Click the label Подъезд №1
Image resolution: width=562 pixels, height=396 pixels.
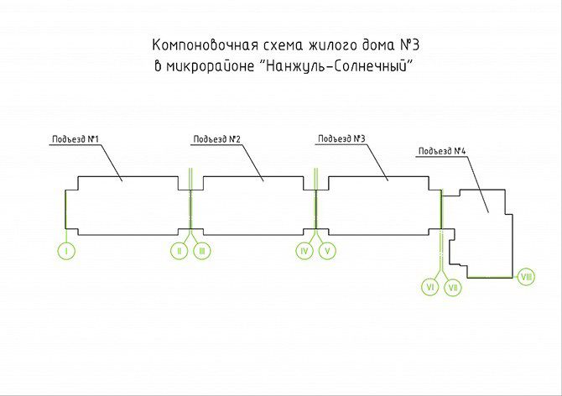(x=75, y=139)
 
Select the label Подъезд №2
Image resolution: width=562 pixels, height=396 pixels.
(x=217, y=139)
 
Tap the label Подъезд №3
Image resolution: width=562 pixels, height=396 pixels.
(x=341, y=138)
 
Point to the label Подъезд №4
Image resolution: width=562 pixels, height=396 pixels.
(x=442, y=151)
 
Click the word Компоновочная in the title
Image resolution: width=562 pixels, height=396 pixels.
(x=206, y=45)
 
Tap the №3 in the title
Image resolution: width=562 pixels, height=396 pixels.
(x=409, y=45)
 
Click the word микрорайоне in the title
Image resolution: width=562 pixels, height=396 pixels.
(x=210, y=66)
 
